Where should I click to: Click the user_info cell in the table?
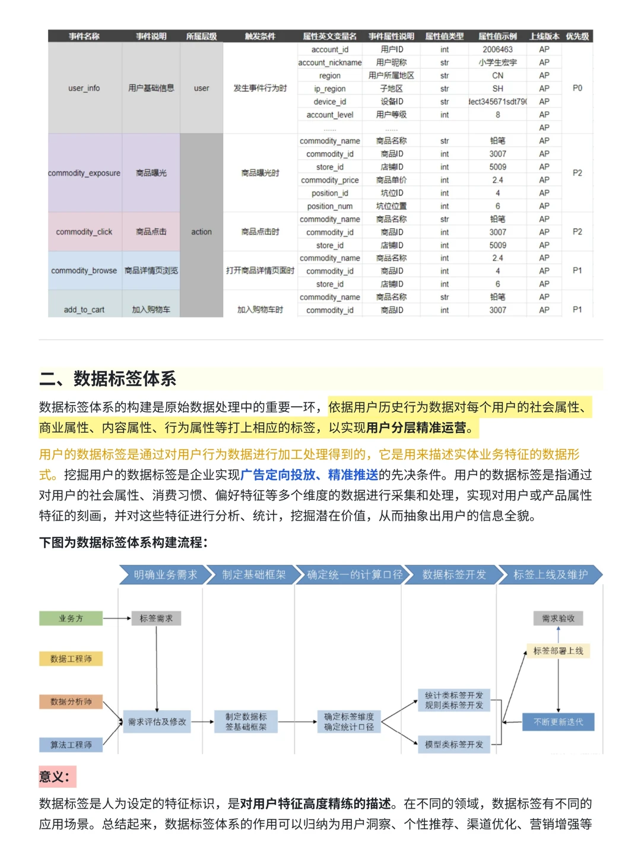(84, 88)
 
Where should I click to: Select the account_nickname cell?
(329, 63)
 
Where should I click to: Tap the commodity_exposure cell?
(84, 173)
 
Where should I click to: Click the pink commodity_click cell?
(84, 232)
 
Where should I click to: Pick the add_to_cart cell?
(84, 309)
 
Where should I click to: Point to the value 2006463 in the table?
(497, 50)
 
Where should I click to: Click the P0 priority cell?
(577, 88)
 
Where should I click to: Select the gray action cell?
(201, 232)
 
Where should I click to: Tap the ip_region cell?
(329, 89)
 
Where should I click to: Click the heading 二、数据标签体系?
(108, 379)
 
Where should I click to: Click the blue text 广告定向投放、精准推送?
(309, 475)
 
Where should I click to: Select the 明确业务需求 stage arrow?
(165, 575)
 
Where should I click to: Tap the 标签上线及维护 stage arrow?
(550, 575)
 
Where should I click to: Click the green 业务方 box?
(71, 619)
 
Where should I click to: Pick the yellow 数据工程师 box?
(71, 659)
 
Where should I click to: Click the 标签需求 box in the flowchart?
(156, 619)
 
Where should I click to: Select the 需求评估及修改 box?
(157, 722)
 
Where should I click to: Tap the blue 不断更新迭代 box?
(558, 722)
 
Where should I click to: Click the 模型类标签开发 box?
(454, 745)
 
